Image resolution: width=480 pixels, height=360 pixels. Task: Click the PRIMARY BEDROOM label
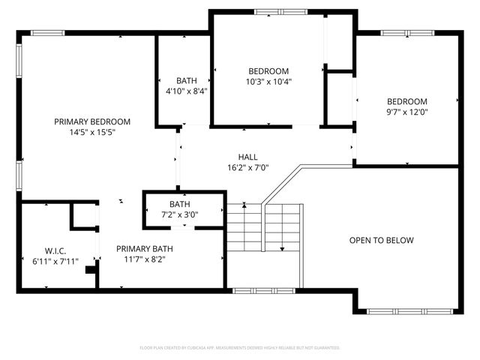click(92, 121)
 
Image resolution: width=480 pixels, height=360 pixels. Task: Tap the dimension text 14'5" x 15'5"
click(92, 132)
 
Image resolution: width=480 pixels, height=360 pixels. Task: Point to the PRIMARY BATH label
click(145, 249)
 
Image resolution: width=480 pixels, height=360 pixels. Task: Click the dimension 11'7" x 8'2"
click(145, 259)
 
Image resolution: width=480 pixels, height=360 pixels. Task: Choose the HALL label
click(247, 157)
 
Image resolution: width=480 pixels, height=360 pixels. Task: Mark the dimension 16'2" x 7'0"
click(247, 168)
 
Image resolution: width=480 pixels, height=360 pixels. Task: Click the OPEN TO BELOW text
click(381, 241)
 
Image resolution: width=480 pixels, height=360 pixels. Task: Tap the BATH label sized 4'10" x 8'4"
click(187, 80)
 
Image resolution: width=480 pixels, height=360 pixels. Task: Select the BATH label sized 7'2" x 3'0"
click(180, 204)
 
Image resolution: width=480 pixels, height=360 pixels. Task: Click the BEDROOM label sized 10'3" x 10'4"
click(269, 71)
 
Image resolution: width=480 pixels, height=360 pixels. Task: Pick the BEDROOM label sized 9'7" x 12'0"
click(407, 102)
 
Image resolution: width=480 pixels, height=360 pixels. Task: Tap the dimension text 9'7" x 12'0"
click(407, 112)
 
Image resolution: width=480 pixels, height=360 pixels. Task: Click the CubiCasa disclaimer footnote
click(240, 348)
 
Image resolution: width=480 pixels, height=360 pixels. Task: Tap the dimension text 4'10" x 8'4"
click(187, 91)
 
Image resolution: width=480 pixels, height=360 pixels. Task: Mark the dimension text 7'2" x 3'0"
click(180, 214)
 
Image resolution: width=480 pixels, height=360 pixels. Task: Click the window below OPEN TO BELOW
click(405, 310)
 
